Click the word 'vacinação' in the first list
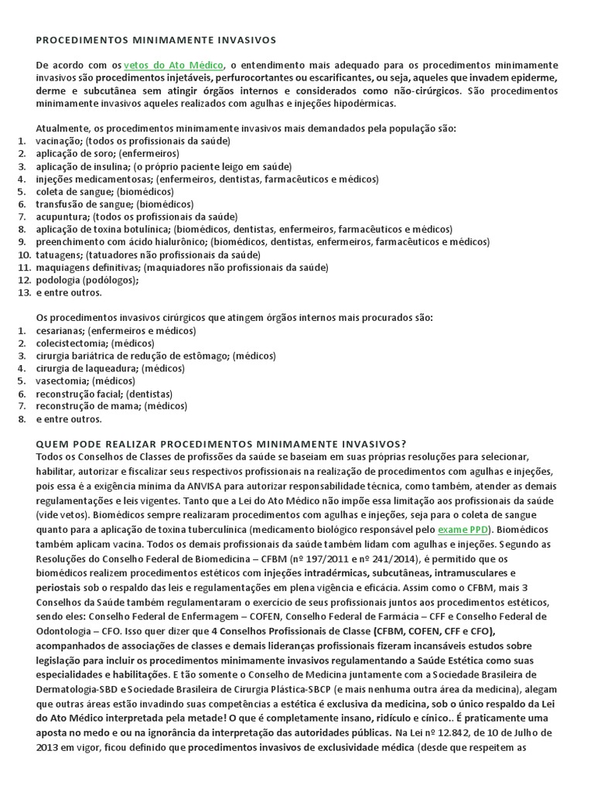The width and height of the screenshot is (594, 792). (59, 141)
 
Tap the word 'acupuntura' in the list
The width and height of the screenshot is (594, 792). (63, 217)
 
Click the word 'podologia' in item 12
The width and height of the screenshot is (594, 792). (60, 280)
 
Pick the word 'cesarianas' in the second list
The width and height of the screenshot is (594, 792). (60, 330)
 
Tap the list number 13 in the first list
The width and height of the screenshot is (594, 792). (22, 292)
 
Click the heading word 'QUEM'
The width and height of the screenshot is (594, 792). (53, 443)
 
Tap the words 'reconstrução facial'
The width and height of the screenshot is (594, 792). (79, 393)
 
